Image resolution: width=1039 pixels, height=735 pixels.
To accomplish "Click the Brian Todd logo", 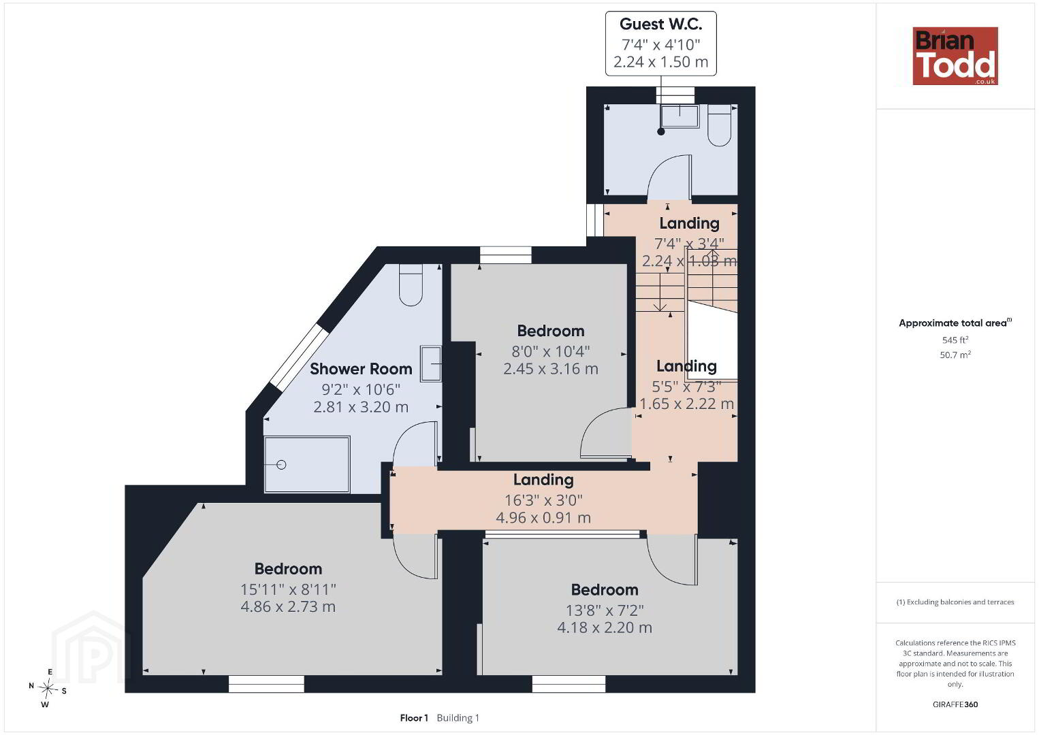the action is click(955, 56).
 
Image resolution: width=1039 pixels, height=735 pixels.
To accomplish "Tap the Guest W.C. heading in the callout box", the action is click(660, 24).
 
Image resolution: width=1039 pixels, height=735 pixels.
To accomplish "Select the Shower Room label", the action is click(361, 369).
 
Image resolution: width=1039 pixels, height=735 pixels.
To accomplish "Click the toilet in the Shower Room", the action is click(411, 285).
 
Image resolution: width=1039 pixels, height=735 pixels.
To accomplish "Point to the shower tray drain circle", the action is click(282, 464).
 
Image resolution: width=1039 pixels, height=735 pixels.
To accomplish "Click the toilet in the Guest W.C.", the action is click(720, 126).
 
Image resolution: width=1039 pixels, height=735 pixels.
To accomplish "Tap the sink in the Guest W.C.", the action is click(680, 116).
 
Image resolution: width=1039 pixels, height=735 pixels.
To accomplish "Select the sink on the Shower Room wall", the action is click(431, 363).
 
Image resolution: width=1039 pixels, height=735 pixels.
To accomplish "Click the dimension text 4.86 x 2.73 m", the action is click(288, 606).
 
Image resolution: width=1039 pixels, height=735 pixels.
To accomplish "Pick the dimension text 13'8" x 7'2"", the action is click(605, 610).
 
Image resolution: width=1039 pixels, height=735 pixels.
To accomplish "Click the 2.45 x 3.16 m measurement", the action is click(551, 369).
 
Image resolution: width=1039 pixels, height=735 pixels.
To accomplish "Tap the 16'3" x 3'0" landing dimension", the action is click(543, 500).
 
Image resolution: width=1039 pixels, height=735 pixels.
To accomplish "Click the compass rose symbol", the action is click(47, 689).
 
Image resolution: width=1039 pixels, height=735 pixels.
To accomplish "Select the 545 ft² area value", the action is click(955, 340).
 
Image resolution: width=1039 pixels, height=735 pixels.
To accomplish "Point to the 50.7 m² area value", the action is click(955, 355).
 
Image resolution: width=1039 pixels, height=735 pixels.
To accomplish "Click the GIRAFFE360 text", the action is click(955, 704).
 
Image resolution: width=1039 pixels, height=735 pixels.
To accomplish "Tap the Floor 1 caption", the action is click(414, 718).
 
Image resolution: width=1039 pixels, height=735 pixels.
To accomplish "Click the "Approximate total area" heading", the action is click(955, 323).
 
